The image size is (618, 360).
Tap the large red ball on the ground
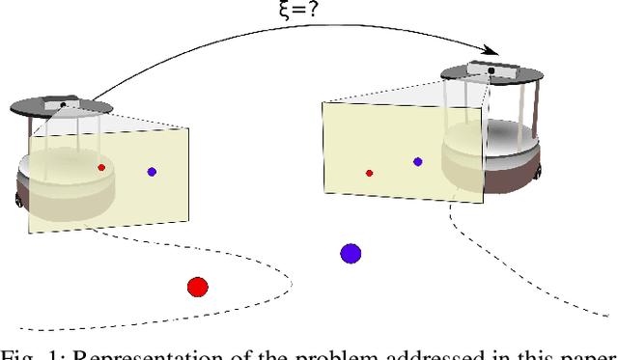tap(197, 287)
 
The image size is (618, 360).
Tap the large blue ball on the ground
tap(351, 254)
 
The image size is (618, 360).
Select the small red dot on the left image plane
tap(101, 167)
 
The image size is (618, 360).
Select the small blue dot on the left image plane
tap(152, 172)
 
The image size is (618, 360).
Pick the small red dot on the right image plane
tap(369, 174)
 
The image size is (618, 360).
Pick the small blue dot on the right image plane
tap(417, 162)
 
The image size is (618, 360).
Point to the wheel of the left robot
tap(17, 199)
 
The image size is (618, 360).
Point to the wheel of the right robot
tap(534, 175)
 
